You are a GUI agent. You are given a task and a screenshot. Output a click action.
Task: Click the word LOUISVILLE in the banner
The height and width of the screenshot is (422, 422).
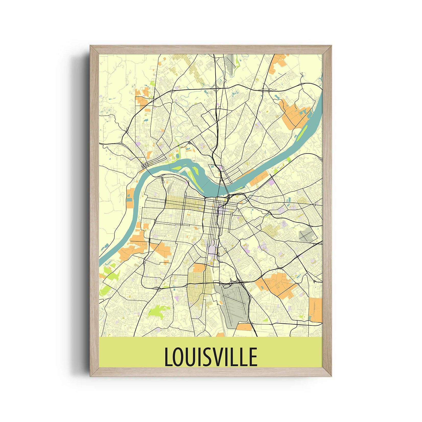tap(211, 357)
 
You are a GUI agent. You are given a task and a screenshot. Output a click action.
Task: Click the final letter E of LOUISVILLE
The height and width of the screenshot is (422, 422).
tap(253, 357)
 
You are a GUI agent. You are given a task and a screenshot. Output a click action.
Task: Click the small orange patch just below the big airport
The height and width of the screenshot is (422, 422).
tap(244, 327)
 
